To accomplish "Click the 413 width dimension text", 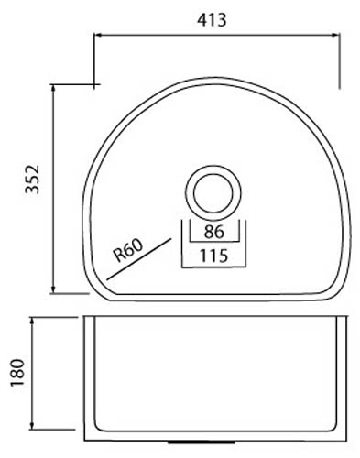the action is click(x=212, y=20).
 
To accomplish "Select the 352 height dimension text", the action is click(x=32, y=180).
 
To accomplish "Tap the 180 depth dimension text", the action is click(x=17, y=373).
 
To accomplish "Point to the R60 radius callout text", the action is click(x=128, y=250).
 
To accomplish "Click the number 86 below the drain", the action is click(x=214, y=232).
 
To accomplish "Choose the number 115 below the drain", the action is click(x=213, y=256).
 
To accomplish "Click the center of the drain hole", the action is click(x=213, y=193).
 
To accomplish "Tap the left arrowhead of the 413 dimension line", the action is click(x=96, y=35).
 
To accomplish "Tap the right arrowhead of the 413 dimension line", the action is click(x=336, y=35).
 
